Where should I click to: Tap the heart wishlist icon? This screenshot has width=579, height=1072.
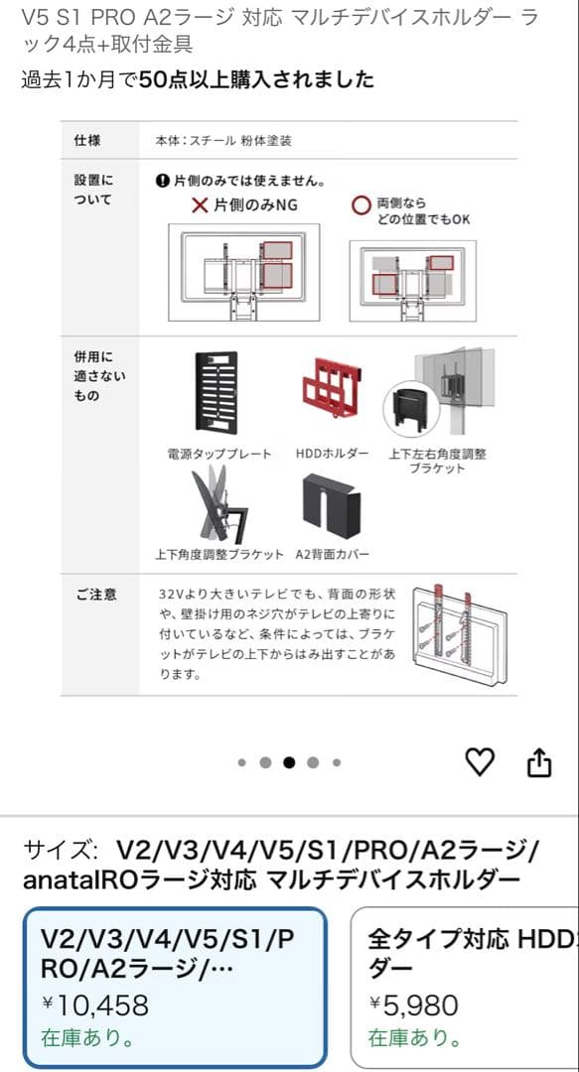tap(480, 761)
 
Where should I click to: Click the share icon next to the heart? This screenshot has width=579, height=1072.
tap(537, 761)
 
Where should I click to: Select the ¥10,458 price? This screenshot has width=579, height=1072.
tap(95, 1005)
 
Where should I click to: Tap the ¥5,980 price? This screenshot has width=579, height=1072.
tap(413, 1005)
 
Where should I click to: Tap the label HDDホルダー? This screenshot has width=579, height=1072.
tap(332, 454)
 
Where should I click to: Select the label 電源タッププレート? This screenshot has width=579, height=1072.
tap(218, 454)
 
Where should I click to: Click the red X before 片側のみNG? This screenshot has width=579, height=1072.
tap(200, 205)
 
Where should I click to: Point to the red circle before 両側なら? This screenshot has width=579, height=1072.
tap(362, 205)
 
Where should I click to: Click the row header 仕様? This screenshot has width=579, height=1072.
tap(87, 141)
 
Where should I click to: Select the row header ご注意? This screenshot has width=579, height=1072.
tap(95, 595)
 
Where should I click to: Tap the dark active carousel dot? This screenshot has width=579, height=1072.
tap(289, 762)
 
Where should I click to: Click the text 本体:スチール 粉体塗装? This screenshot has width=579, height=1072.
tap(223, 141)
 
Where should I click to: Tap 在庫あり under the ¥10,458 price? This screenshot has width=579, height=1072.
tap(87, 1038)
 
